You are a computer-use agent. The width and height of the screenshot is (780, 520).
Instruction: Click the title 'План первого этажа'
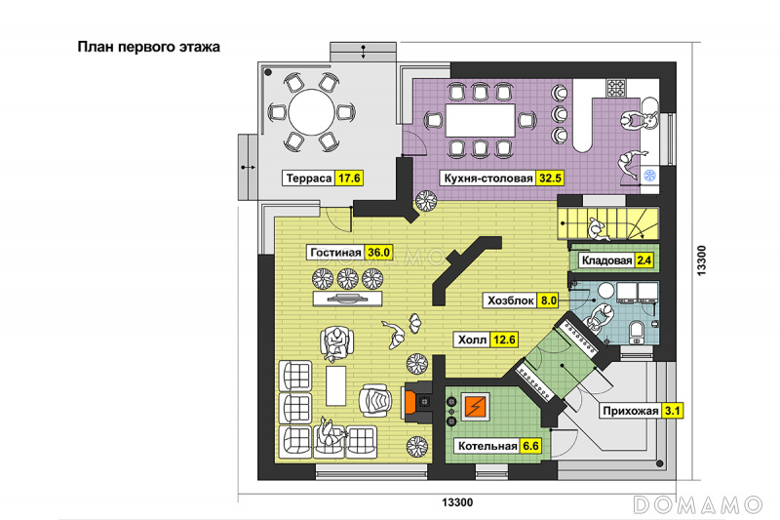148,47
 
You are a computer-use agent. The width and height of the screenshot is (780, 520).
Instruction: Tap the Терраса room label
309,179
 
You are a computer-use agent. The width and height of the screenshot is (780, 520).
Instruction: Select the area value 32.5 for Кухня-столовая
550,179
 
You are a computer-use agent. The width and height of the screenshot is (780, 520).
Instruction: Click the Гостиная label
335,253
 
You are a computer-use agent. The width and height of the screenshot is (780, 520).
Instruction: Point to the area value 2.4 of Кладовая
644,260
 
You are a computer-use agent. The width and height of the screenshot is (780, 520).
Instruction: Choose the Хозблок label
510,300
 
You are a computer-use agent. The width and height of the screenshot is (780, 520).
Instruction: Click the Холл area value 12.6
504,340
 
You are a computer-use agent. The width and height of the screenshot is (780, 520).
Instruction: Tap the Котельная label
487,446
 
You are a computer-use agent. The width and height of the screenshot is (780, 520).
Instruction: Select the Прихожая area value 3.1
672,411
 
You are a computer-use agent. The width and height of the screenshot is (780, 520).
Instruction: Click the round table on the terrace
311,112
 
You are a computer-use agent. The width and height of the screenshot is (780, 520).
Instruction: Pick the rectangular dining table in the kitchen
480,120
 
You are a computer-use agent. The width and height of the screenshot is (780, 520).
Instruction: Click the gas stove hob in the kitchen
616,88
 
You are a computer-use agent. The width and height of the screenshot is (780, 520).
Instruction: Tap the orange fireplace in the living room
410,402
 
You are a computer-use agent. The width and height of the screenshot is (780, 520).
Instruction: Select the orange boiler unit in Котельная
477,407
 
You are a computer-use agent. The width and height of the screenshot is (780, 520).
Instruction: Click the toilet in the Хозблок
637,332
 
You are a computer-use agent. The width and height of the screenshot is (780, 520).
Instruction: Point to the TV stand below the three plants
347,299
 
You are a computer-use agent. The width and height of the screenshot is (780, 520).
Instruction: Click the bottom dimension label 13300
457,502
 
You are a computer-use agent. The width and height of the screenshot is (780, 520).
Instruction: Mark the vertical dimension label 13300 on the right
701,260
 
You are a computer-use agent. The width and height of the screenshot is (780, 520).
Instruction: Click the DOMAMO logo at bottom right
697,504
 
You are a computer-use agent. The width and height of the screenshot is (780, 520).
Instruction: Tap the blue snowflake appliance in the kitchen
649,176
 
